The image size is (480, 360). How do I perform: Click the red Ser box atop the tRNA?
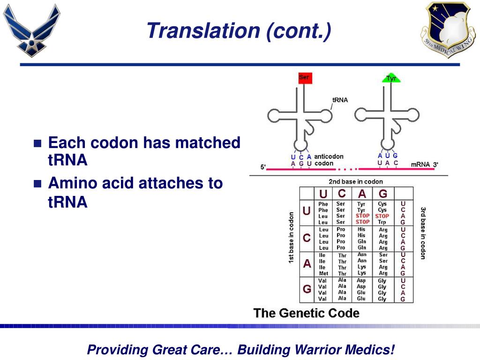(x=305, y=78)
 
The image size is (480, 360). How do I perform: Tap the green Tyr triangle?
(x=391, y=78)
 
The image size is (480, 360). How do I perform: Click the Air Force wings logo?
(x=31, y=30)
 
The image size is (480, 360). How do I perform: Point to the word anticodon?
(x=329, y=157)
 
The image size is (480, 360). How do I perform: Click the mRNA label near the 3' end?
(x=420, y=165)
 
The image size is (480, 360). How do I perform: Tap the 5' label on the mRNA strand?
(x=263, y=167)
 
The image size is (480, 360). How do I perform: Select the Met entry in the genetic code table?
(x=323, y=273)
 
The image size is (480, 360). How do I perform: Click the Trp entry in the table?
(x=382, y=222)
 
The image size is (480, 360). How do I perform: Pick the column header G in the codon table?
(x=383, y=194)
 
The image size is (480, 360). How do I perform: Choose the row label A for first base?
(x=307, y=263)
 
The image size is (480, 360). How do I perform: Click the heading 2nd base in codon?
(x=356, y=181)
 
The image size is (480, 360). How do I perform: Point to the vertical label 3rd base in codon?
(x=423, y=233)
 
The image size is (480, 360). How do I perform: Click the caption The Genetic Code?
(x=307, y=313)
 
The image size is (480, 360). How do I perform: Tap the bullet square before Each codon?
(x=37, y=143)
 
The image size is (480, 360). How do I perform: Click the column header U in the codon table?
(x=323, y=194)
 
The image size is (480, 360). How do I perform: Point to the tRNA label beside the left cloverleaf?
(x=340, y=100)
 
